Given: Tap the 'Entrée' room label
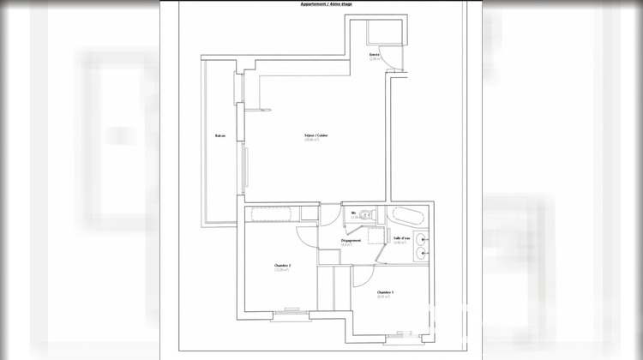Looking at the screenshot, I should click(375, 55).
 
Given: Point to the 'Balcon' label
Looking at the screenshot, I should click(220, 136).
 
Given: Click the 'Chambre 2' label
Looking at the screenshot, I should click(282, 266).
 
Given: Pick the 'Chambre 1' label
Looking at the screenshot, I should click(385, 292).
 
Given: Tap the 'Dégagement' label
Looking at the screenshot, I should click(350, 241).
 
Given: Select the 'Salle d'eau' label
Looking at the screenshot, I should click(402, 237).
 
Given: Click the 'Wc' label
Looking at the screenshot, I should click(353, 213).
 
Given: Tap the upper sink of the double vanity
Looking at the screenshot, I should click(422, 239).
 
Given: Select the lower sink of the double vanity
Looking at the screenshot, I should click(422, 253).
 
